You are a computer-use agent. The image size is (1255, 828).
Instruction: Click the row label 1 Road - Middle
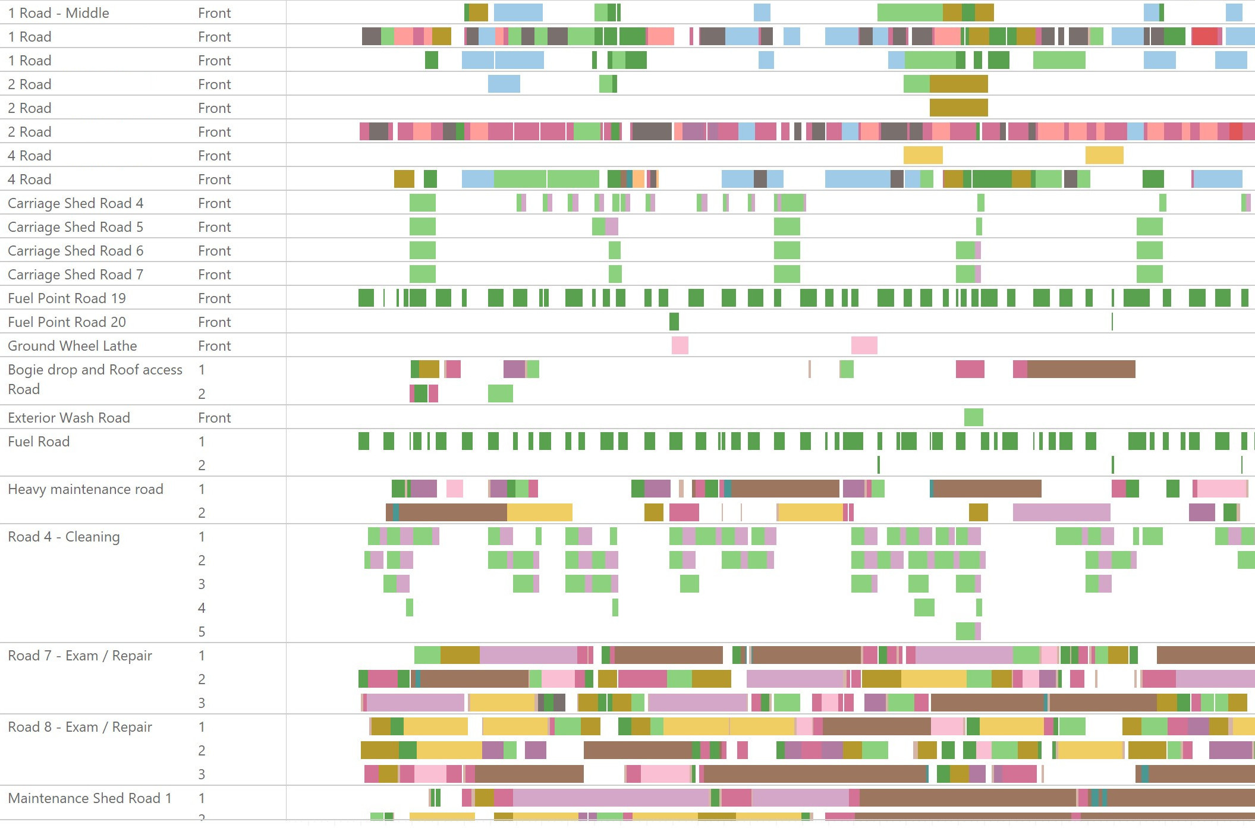pyautogui.click(x=58, y=13)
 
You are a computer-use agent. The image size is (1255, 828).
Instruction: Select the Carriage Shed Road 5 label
pyautogui.click(x=76, y=227)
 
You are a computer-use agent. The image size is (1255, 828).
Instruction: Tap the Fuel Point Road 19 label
pyautogui.click(x=67, y=298)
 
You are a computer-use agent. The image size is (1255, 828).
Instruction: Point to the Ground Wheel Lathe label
pyautogui.click(x=72, y=346)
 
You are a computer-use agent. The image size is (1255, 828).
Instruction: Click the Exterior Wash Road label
pyautogui.click(x=69, y=418)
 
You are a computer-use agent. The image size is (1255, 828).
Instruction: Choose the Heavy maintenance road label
pyautogui.click(x=85, y=489)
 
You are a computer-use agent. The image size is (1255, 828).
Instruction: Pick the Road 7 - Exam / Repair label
pyautogui.click(x=80, y=656)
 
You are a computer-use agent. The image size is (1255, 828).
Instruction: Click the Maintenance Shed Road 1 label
pyautogui.click(x=89, y=798)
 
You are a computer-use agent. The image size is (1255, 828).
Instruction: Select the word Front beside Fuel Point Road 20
pyautogui.click(x=214, y=322)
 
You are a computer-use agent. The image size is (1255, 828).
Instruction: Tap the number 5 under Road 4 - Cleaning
pyautogui.click(x=202, y=632)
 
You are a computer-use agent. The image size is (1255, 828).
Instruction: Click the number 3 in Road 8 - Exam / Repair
pyautogui.click(x=202, y=775)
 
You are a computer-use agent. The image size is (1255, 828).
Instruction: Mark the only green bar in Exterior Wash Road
pyautogui.click(x=973, y=417)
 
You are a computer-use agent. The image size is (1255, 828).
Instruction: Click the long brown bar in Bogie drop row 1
pyautogui.click(x=1081, y=369)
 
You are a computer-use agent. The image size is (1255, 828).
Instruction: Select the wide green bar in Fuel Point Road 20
pyautogui.click(x=674, y=322)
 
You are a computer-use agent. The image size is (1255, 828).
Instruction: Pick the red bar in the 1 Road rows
pyautogui.click(x=1204, y=36)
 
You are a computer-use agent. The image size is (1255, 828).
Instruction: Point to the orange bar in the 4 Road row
pyautogui.click(x=638, y=179)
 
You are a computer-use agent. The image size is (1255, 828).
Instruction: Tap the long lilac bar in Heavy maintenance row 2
pyautogui.click(x=1061, y=512)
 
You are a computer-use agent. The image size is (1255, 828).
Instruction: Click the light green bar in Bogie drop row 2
pyautogui.click(x=500, y=393)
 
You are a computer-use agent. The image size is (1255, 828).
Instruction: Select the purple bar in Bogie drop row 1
pyautogui.click(x=514, y=369)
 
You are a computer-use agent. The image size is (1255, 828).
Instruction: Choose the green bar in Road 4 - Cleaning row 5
pyautogui.click(x=965, y=631)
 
